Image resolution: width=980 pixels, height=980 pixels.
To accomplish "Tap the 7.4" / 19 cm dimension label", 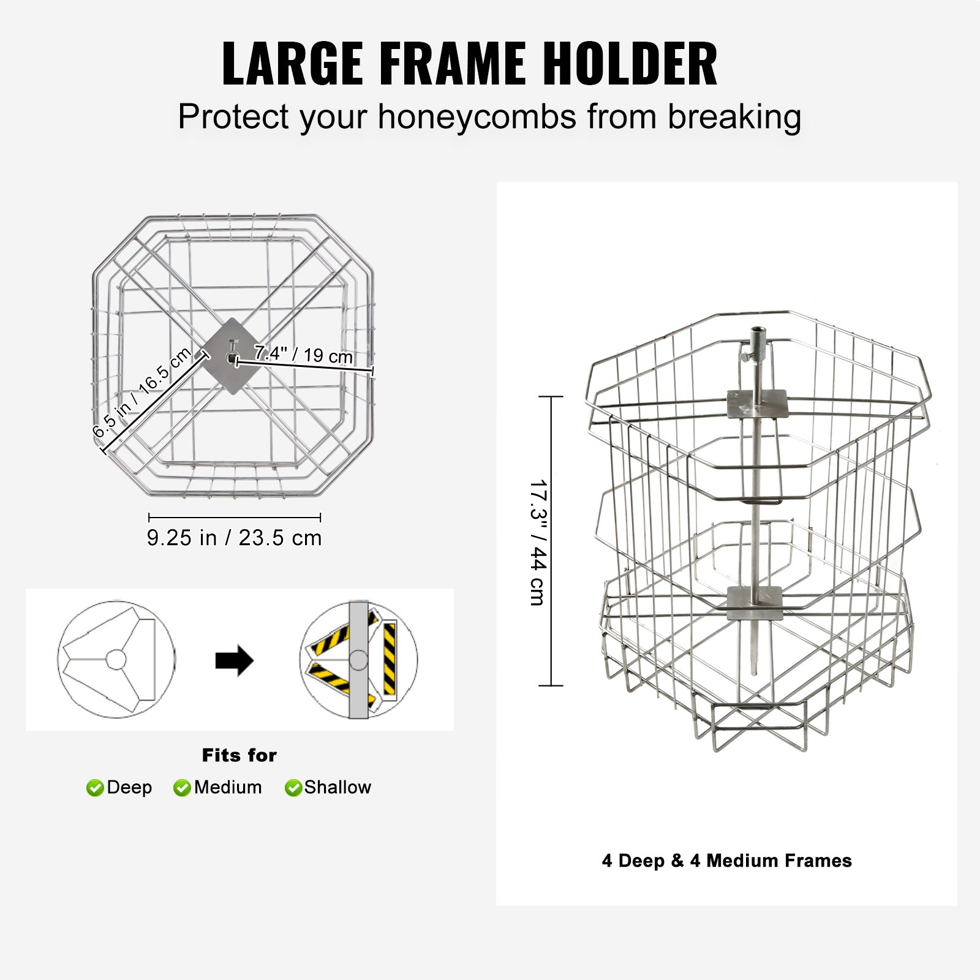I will click(303, 354).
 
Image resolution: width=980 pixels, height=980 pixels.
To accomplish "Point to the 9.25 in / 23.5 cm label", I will click(234, 538).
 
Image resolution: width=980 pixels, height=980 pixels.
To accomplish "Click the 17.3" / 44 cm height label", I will click(538, 542).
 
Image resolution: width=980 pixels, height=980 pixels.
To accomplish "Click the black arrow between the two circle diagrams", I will click(234, 660).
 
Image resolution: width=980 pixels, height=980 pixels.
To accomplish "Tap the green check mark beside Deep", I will click(95, 788).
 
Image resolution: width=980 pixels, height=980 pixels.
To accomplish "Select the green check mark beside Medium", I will click(182, 788).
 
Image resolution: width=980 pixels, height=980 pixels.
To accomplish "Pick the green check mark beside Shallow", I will click(293, 788).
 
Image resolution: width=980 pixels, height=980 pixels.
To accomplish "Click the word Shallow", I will click(337, 787).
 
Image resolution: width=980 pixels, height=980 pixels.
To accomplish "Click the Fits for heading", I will click(239, 755).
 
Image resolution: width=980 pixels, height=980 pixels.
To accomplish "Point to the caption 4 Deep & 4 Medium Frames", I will click(726, 861).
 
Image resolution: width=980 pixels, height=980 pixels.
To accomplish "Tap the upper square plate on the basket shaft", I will click(757, 404).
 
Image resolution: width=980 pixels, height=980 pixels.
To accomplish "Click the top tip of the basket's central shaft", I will click(758, 330).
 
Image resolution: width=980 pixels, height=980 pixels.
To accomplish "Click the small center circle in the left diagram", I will click(116, 660).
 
